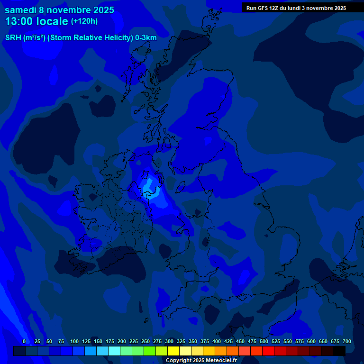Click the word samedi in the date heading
21,10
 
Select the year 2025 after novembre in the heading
100,10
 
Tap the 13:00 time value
19,21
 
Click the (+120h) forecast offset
84,21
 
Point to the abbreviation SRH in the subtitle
12,37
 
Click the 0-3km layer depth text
146,37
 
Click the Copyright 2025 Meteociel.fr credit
201,361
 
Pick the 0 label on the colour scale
24,341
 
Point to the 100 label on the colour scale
74,341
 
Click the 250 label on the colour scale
146,341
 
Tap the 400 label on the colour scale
217,341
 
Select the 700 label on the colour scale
347,341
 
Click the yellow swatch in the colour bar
173,351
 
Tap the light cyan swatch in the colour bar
114,351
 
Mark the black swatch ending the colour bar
339,351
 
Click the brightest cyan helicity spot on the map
150,188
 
